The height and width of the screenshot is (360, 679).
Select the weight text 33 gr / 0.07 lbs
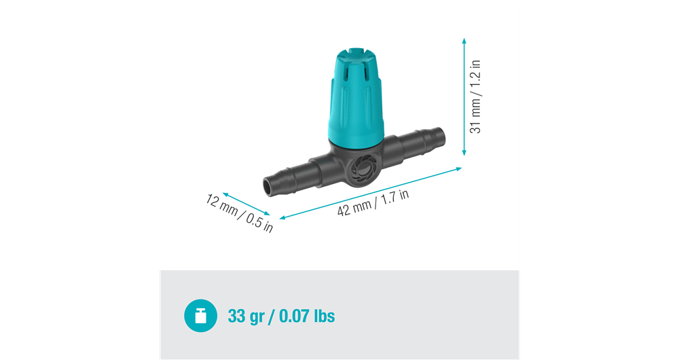tap(281, 317)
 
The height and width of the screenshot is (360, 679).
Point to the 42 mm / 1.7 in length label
tap(373, 203)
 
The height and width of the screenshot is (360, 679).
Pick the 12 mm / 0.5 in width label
tap(239, 213)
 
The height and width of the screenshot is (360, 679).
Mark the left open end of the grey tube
tap(270, 185)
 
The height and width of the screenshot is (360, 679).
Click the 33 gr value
tap(244, 317)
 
